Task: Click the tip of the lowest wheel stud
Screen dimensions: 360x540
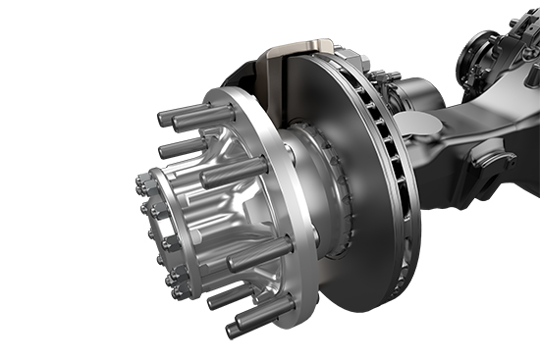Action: [234, 330]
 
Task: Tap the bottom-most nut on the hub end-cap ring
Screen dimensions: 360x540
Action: [177, 292]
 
